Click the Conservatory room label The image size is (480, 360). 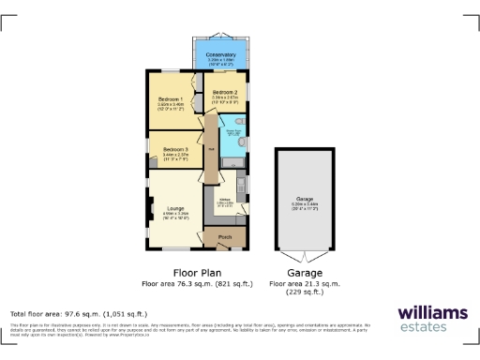click(x=221, y=55)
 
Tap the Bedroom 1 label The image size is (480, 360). click(x=170, y=98)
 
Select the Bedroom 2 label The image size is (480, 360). click(x=229, y=92)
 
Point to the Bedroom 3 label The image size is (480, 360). click(x=175, y=150)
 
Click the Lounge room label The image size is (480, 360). click(x=175, y=208)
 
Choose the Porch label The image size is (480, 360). click(x=225, y=237)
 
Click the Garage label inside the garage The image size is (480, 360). click(x=304, y=200)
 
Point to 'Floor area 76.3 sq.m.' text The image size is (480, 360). click(x=175, y=282)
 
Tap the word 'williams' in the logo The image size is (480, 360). click(x=431, y=311)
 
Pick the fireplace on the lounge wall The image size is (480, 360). click(x=148, y=211)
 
